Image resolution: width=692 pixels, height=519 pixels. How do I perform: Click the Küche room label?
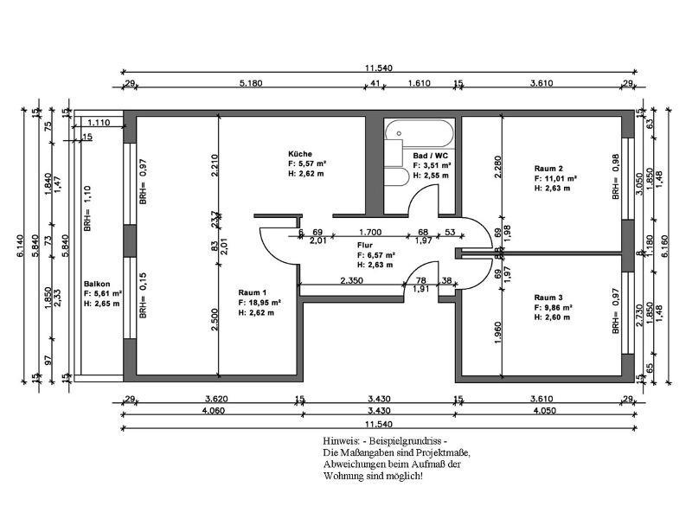(300, 153)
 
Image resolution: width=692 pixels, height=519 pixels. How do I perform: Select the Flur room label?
(364, 245)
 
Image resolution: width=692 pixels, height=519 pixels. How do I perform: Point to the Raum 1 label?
(253, 292)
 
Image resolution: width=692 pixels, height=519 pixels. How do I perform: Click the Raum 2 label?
(548, 168)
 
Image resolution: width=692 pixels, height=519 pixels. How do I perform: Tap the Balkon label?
(95, 284)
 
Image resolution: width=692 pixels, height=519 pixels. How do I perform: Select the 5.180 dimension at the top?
(251, 83)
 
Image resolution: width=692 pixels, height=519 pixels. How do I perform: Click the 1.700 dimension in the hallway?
(370, 232)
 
